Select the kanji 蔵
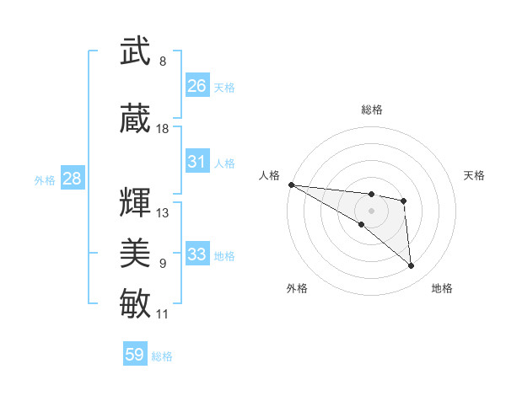136,119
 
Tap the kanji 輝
136,202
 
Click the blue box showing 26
197,85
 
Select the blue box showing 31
197,162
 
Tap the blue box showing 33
197,254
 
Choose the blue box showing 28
72,179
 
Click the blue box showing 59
135,355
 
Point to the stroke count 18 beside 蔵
163,129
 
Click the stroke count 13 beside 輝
163,212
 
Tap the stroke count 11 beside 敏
163,314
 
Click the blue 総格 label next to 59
162,356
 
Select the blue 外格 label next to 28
45,179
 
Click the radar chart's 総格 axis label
371,110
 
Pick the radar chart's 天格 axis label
475,175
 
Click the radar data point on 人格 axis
291,185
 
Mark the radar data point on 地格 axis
412,266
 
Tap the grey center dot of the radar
371,211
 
